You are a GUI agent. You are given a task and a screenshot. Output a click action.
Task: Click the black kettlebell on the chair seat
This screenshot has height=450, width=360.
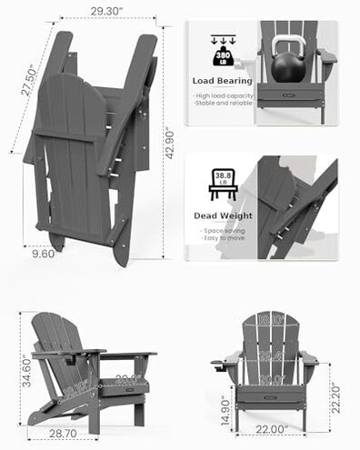(290, 69)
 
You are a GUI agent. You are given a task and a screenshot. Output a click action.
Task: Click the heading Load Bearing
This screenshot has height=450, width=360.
(222, 80)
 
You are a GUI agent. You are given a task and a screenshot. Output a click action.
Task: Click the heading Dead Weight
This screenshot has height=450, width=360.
(223, 216)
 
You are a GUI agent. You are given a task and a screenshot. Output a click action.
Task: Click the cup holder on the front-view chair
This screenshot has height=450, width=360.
(221, 367)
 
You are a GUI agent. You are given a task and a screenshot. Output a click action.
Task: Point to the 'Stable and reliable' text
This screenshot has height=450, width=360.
(224, 103)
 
